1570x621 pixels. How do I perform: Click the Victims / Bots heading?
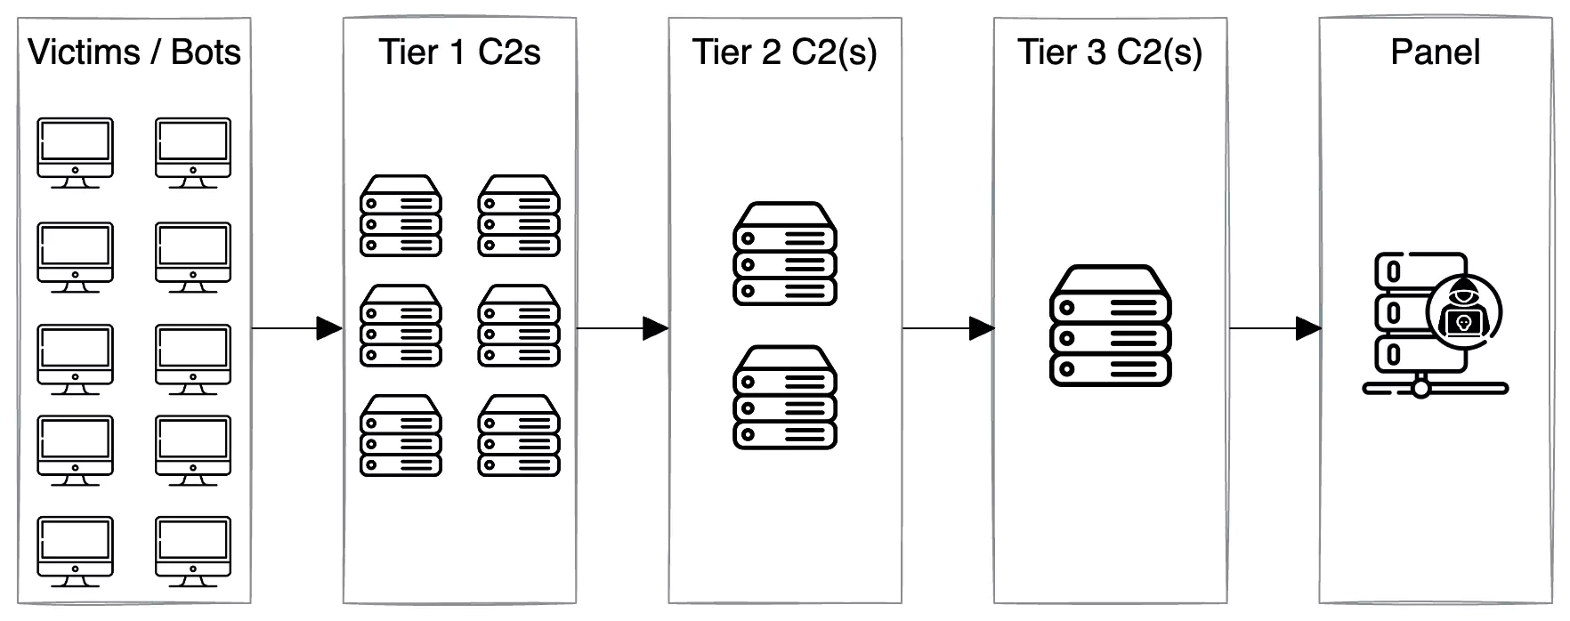[134, 52]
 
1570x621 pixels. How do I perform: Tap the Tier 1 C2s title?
[459, 52]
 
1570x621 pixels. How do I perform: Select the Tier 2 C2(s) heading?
[784, 53]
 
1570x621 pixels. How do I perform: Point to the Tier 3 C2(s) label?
[1110, 53]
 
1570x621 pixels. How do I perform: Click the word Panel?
[1435, 52]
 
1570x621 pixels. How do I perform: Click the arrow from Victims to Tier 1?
[297, 328]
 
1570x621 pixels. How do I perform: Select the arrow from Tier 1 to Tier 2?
[622, 328]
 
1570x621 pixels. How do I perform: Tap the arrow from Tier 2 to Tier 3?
[948, 328]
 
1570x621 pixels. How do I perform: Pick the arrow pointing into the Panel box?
[1275, 328]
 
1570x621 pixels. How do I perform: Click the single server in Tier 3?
[1110, 325]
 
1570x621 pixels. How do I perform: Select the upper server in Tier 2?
[784, 254]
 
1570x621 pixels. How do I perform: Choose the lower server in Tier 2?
[784, 397]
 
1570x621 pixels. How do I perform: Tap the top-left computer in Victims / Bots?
[75, 153]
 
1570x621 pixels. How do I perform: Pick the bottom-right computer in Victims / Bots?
[193, 552]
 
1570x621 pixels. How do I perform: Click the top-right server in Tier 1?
[519, 215]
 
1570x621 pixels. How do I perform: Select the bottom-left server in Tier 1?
[401, 436]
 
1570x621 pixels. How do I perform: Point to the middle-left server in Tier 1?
[401, 326]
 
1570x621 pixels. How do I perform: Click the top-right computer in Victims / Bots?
[193, 153]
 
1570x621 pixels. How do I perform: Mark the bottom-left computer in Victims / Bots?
[75, 552]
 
